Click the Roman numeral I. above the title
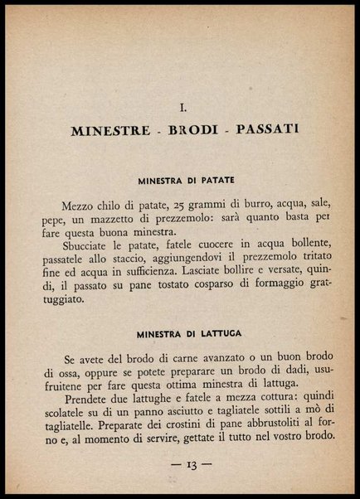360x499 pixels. [x=182, y=106]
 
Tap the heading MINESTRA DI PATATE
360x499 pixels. [x=186, y=180]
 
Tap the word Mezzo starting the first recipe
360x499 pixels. [x=79, y=206]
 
